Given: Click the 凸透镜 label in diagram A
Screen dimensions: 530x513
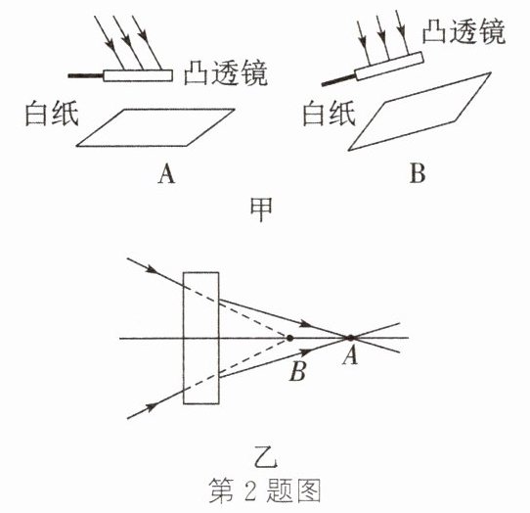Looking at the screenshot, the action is click(x=226, y=72).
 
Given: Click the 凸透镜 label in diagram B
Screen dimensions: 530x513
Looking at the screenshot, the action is click(x=464, y=31).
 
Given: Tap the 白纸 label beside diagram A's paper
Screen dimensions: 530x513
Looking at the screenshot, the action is click(x=52, y=113).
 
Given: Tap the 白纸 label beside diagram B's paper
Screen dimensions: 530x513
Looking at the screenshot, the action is click(x=329, y=113).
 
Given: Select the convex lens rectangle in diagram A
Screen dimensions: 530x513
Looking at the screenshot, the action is click(x=138, y=75).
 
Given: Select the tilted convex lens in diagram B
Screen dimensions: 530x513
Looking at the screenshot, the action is click(x=389, y=66).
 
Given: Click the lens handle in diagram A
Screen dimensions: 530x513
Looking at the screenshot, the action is click(x=85, y=75).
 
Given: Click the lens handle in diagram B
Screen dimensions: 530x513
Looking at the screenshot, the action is click(x=338, y=80).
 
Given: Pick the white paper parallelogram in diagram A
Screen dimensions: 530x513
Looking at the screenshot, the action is click(x=155, y=127).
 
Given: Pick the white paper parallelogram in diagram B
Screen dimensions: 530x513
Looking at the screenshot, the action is click(x=420, y=112).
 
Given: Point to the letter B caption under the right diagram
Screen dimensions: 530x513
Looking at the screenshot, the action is click(x=418, y=173).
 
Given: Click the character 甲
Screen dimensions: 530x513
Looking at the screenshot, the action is click(x=261, y=210).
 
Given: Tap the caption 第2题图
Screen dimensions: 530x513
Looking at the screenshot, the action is click(x=265, y=490).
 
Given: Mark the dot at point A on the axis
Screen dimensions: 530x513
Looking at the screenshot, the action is click(x=350, y=338).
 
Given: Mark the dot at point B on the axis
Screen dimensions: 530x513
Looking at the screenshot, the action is click(x=289, y=338).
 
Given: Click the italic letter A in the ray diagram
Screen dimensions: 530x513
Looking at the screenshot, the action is click(x=350, y=356).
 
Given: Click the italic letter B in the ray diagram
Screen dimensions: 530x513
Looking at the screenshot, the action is click(x=298, y=371).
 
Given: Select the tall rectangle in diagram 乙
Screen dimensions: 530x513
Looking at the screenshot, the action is click(x=200, y=338).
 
